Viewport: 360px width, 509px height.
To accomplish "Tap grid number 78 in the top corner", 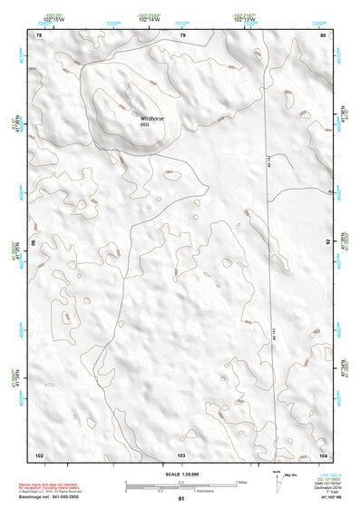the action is (x=39, y=35).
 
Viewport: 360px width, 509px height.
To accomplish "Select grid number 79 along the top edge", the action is (x=182, y=35).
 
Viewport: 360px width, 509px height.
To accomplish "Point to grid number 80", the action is (x=324, y=35).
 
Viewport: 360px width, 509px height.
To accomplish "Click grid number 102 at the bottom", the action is (x=39, y=453).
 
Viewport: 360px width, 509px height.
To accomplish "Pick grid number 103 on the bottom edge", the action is (x=181, y=453).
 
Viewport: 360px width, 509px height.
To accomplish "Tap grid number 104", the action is (x=323, y=453).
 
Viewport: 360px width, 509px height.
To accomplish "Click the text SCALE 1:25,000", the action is (x=180, y=471).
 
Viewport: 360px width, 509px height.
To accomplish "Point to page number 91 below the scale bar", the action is (x=181, y=500).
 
